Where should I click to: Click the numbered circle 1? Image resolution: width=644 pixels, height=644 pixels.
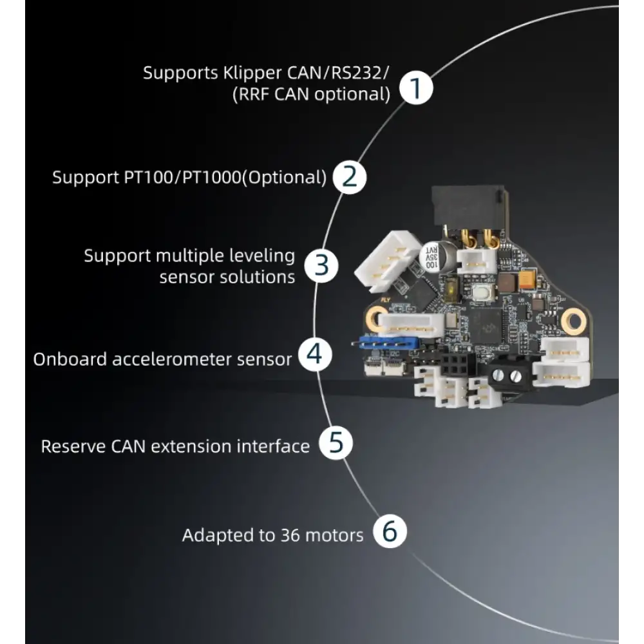[416, 88]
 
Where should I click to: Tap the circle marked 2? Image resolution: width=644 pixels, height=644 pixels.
[350, 176]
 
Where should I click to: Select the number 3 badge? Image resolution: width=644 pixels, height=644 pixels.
[321, 265]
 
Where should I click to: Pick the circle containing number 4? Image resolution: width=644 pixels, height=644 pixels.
[315, 354]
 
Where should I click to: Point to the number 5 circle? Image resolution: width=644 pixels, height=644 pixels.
[336, 443]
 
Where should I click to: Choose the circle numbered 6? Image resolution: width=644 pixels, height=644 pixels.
[390, 531]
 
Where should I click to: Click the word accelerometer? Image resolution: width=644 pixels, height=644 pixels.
[202, 359]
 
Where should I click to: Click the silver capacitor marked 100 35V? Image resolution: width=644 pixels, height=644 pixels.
[433, 258]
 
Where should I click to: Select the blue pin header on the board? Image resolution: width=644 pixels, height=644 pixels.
[388, 342]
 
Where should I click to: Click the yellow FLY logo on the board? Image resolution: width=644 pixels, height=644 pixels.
[385, 300]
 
